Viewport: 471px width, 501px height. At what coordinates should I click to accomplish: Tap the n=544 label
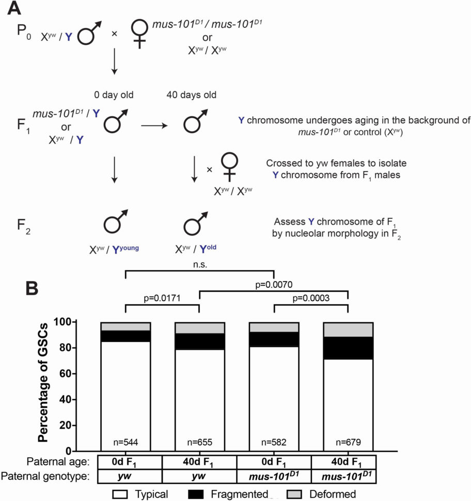tap(125, 442)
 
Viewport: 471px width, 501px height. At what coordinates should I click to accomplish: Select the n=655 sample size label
tap(199, 442)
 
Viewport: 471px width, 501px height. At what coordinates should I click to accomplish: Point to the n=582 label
tap(274, 442)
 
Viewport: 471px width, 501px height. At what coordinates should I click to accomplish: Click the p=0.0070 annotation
tap(274, 284)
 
